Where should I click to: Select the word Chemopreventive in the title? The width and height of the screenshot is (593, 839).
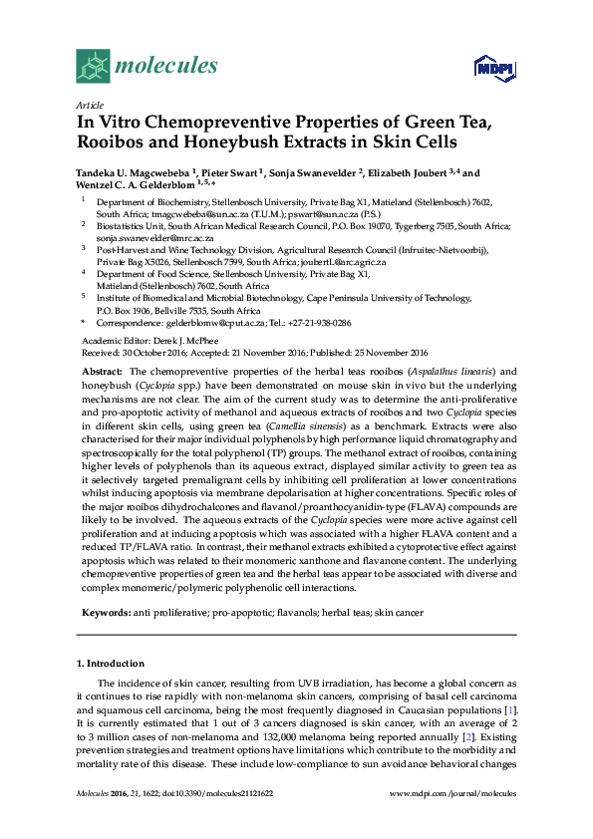(228, 122)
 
